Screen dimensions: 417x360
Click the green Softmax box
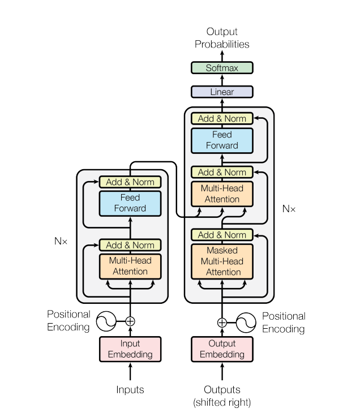click(222, 68)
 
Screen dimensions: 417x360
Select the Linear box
click(222, 92)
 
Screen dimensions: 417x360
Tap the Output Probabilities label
click(222, 38)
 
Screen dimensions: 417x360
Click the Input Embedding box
click(130, 349)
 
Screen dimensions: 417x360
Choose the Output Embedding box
click(222, 349)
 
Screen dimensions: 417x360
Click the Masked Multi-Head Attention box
click(222, 261)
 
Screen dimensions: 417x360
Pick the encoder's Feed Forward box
click(130, 203)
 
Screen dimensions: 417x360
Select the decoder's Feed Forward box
click(222, 140)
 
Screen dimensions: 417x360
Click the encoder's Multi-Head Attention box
click(130, 266)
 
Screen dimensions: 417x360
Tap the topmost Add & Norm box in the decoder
click(222, 119)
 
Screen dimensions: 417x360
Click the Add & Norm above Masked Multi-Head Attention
click(222, 235)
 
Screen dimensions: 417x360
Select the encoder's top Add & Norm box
click(130, 182)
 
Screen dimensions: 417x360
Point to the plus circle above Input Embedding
click(130, 321)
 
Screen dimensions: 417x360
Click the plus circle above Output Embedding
click(222, 323)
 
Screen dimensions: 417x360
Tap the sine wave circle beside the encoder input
click(106, 321)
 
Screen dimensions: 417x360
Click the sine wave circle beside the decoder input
click(246, 323)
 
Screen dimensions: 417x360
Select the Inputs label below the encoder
click(130, 390)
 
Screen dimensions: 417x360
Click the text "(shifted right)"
click(222, 402)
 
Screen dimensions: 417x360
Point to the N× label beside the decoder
click(289, 209)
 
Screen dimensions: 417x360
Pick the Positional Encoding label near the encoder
click(68, 321)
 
